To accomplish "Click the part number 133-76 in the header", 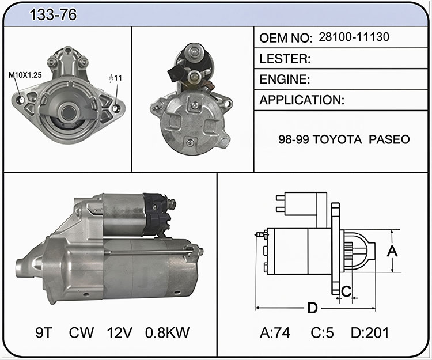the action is coord(53,14).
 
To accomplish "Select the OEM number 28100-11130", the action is coord(354,37).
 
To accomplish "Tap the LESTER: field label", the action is coord(285,58).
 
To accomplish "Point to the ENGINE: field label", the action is coord(285,79).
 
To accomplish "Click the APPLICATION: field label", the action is coord(302,100).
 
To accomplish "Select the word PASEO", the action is coord(389,139).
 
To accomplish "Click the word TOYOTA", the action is coord(337,139).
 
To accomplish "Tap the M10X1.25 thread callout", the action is coord(25,75).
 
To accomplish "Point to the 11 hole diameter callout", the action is coord(115,78).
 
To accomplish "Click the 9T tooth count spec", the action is coord(44,332).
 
